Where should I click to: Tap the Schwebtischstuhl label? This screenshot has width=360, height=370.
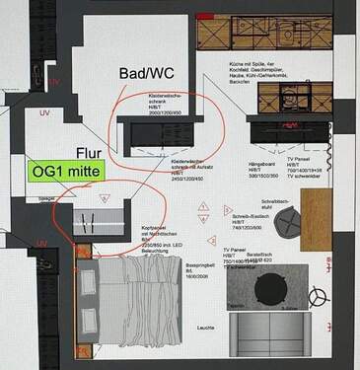coord(273,203)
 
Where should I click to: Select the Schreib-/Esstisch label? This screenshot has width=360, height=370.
coord(234,218)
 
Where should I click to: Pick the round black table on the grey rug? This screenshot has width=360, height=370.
coord(268,287)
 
